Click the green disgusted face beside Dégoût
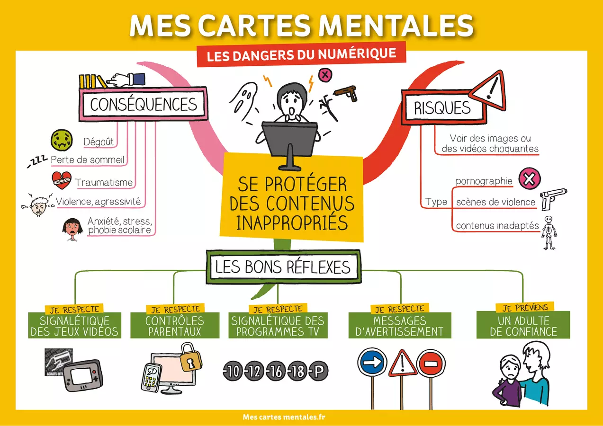coord(62,140)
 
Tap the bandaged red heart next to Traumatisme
coord(62,180)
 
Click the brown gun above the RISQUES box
coord(346,93)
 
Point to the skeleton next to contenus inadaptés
coord(549,233)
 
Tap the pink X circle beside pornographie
coord(530,178)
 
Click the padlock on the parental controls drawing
coord(190,357)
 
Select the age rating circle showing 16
coord(276,371)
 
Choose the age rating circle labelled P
coord(318,371)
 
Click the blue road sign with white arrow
coord(372,362)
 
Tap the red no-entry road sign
coord(431,364)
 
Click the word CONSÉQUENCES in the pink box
coord(144,104)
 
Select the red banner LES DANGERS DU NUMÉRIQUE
coord(301,54)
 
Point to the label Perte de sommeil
coord(88,160)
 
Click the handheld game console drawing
coord(82,375)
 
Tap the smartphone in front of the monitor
coord(151,378)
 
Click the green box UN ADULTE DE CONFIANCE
coord(523,325)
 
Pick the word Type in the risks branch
coord(436,202)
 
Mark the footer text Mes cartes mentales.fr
coord(284,417)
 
